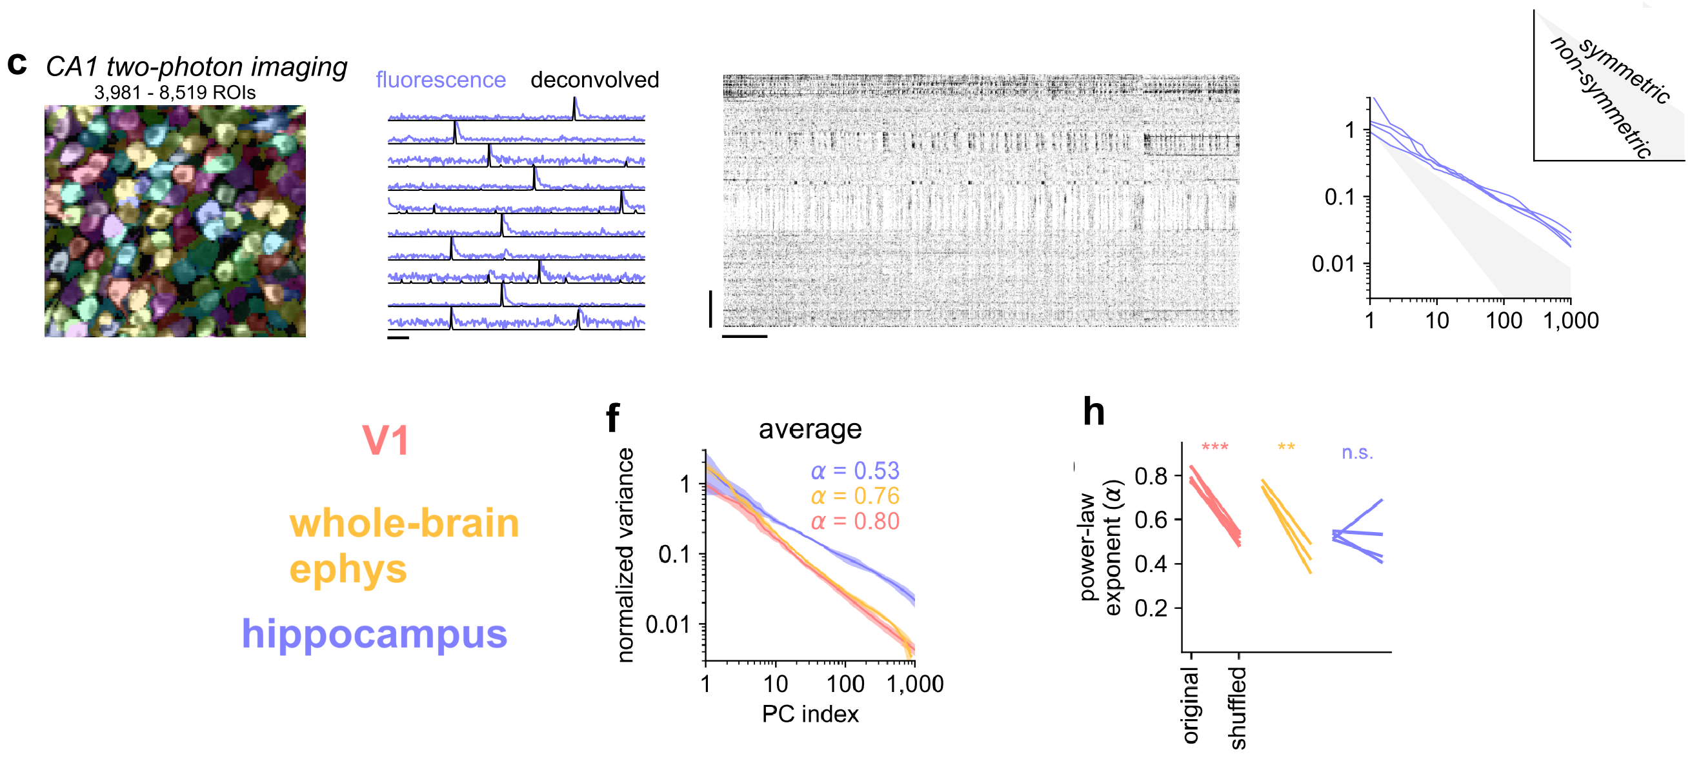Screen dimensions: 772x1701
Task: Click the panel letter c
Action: tap(17, 64)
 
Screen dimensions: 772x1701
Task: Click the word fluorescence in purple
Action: tap(441, 80)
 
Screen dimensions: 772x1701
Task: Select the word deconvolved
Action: tap(594, 80)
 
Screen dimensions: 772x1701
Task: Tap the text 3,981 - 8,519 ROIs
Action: tap(174, 92)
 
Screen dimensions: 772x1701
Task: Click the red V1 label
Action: tap(386, 440)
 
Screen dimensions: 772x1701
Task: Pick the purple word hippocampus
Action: tap(374, 633)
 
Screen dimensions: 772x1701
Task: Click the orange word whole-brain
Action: tap(404, 523)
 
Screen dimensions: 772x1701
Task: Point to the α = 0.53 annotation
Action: tap(854, 470)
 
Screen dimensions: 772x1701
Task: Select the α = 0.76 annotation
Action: tap(854, 495)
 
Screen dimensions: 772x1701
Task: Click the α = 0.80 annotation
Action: tap(854, 521)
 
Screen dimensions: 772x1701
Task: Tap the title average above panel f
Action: tap(810, 430)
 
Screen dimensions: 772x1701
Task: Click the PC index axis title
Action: tap(810, 714)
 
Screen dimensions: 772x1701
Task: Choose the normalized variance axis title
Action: tap(625, 554)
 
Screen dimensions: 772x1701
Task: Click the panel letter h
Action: tap(1094, 411)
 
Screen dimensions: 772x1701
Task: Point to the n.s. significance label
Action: tap(1357, 453)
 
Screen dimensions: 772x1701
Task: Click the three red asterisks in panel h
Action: tap(1214, 448)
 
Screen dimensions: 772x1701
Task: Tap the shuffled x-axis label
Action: tap(1238, 708)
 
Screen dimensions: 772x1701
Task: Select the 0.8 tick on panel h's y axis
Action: tap(1151, 475)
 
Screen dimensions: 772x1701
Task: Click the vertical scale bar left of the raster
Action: tap(710, 308)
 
